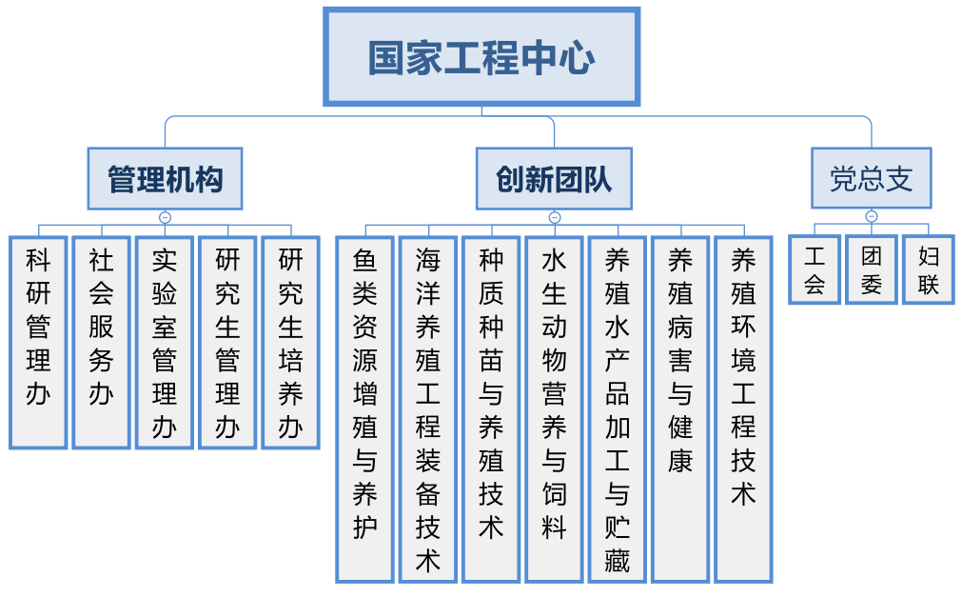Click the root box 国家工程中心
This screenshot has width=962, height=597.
tap(481, 57)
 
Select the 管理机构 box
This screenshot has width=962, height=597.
tap(165, 179)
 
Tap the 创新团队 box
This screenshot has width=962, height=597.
tap(554, 179)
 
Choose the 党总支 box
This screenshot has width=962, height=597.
tap(872, 178)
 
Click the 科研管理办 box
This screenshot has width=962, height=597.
tap(38, 343)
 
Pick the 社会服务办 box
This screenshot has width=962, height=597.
tap(101, 343)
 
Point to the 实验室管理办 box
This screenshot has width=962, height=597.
tap(165, 343)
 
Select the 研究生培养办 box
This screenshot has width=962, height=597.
tap(291, 343)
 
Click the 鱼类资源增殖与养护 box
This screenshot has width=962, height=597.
tap(365, 409)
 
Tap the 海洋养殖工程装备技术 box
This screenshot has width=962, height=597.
tap(428, 409)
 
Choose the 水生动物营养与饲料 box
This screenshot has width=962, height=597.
tap(554, 409)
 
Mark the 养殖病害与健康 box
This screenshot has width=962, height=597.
tap(680, 409)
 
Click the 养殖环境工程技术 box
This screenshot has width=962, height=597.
tap(743, 409)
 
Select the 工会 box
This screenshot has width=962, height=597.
tap(815, 269)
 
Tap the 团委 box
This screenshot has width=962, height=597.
tap(872, 269)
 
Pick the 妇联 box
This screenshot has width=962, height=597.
tap(929, 269)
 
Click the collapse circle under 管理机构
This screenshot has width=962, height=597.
tap(165, 217)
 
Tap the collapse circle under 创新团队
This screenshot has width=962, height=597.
tap(555, 217)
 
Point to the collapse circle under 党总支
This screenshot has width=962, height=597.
tap(872, 216)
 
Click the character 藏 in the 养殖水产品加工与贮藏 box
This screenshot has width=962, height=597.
tap(618, 561)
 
